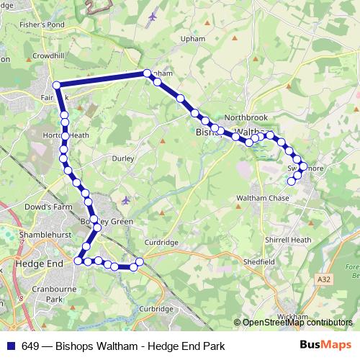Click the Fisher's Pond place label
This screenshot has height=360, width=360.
tap(43, 24)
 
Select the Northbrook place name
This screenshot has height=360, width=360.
tap(246, 117)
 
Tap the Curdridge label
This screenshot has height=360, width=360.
tap(160, 243)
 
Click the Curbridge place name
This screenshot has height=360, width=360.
tap(156, 308)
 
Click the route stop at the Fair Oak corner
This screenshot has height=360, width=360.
tap(56, 86)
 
